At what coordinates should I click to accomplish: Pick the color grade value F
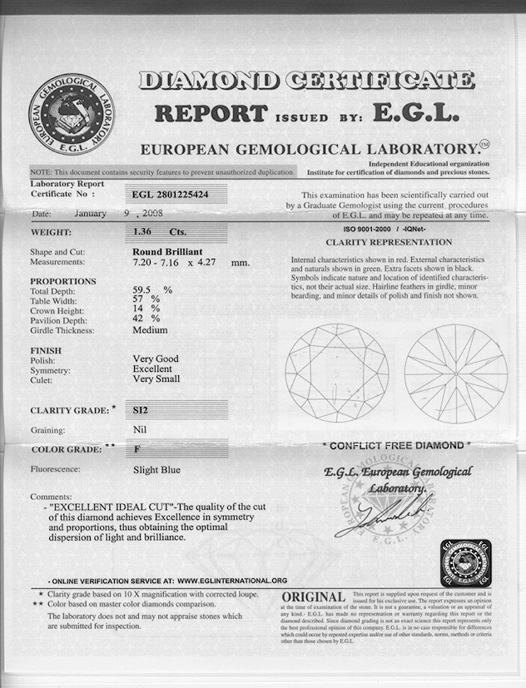point(136,449)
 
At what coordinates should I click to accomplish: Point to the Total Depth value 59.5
point(146,290)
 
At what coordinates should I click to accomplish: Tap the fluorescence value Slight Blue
point(156,470)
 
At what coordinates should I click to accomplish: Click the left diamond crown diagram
point(336,374)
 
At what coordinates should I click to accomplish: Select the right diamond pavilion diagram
point(455,374)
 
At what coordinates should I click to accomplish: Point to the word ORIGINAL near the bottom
point(313,598)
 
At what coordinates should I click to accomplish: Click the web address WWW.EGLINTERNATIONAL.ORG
point(232,580)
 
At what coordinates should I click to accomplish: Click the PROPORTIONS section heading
point(63,281)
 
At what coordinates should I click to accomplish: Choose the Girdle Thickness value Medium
point(150,330)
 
